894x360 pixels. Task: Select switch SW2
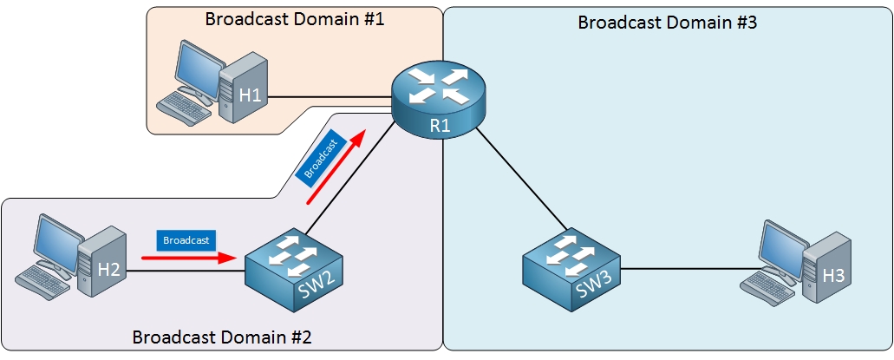tap(294, 270)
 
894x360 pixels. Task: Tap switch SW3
tap(572, 270)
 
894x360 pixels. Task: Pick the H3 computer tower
tap(830, 269)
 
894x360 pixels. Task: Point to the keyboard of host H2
tap(42, 279)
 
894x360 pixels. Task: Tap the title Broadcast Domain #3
tap(668, 23)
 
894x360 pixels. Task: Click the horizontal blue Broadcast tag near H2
tap(186, 239)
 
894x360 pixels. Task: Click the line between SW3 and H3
tap(685, 269)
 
